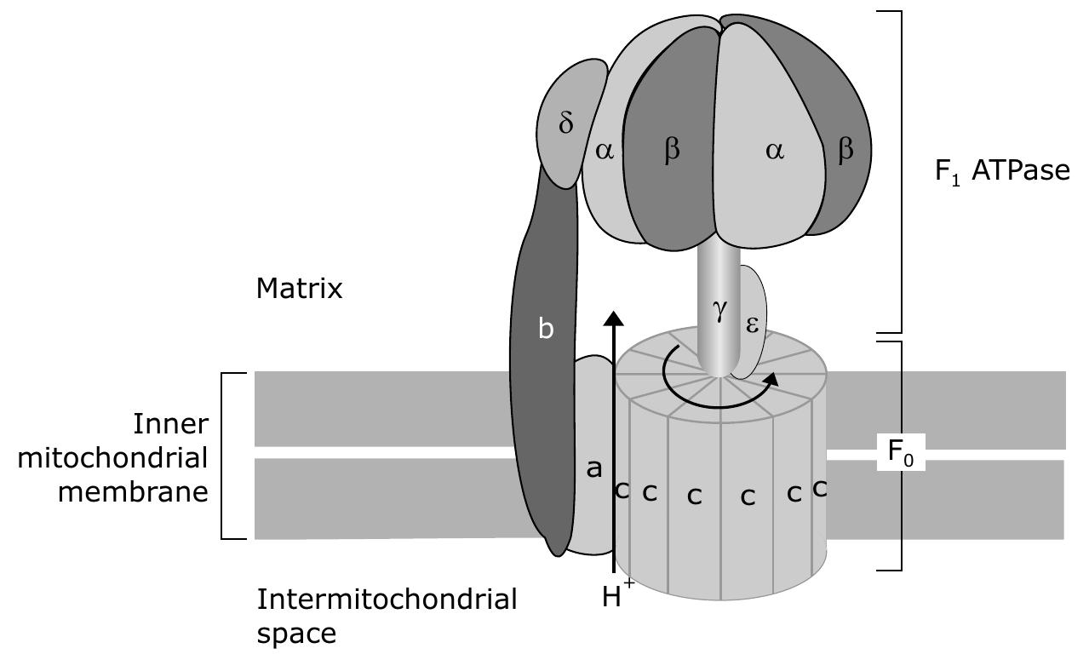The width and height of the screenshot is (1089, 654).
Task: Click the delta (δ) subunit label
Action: (566, 123)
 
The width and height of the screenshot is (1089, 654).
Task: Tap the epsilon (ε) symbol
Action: (752, 324)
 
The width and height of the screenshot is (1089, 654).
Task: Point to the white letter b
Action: (547, 329)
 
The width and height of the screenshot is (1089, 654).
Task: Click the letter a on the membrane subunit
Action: (594, 468)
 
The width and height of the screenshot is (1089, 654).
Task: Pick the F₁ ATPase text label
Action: (1001, 171)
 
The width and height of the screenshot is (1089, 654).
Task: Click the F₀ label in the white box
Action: (901, 451)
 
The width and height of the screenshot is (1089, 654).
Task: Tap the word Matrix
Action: (299, 289)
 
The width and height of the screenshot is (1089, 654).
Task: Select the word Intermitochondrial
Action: (387, 599)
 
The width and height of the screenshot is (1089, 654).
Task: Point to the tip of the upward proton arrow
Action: (613, 315)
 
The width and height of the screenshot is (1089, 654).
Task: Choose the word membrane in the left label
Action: (133, 491)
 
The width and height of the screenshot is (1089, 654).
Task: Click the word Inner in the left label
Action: (170, 423)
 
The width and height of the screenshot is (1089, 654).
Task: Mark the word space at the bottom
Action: (296, 634)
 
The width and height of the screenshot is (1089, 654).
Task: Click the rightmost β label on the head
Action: (845, 151)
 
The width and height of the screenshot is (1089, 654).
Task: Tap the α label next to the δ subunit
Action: (605, 152)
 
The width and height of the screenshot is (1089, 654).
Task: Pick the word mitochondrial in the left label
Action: (112, 457)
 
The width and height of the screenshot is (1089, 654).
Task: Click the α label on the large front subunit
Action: (774, 152)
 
